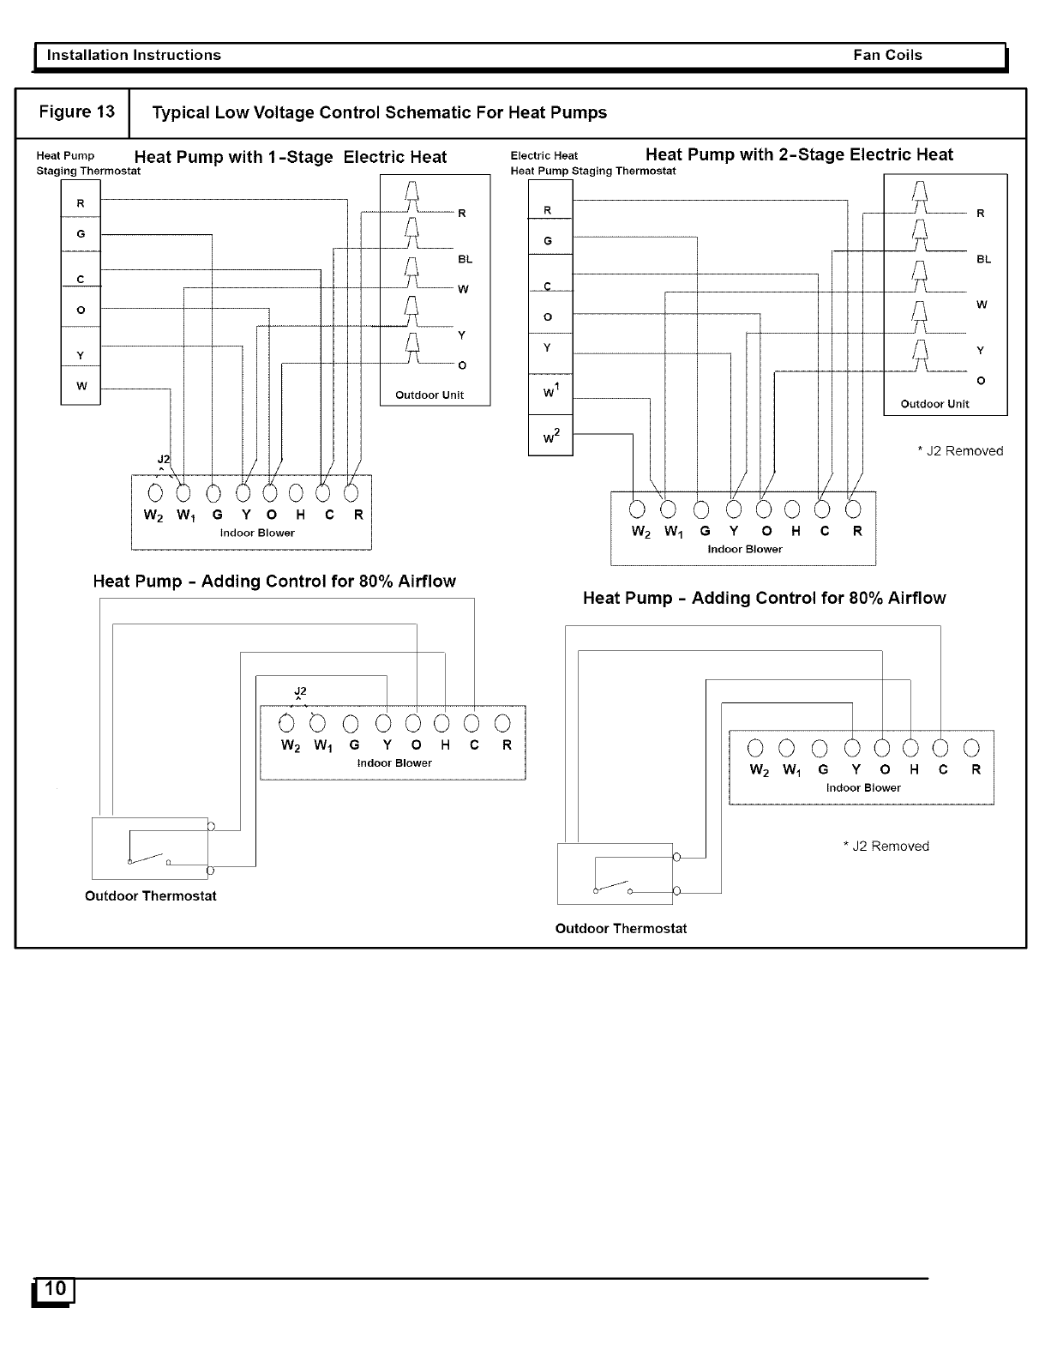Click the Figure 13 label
coord(76,112)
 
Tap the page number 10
coord(55,1288)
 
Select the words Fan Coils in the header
coord(887,56)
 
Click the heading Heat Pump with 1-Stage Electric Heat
coord(291,157)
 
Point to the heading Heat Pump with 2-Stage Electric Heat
coord(799,155)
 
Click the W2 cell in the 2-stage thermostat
coord(550,437)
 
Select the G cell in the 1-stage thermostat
coord(81,234)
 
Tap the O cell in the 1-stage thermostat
coord(81,310)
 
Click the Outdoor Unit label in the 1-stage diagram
coord(429,395)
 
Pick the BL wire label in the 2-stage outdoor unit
coord(982,259)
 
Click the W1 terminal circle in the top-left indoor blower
coord(183,493)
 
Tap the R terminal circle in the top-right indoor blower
coord(853,509)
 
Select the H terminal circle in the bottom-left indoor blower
coord(442,723)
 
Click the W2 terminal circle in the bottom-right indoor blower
coord(757,748)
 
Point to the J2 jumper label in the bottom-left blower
coord(300,691)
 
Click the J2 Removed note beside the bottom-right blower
coord(886,847)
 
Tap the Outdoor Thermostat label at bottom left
coord(151,896)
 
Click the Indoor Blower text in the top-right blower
coord(744,549)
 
